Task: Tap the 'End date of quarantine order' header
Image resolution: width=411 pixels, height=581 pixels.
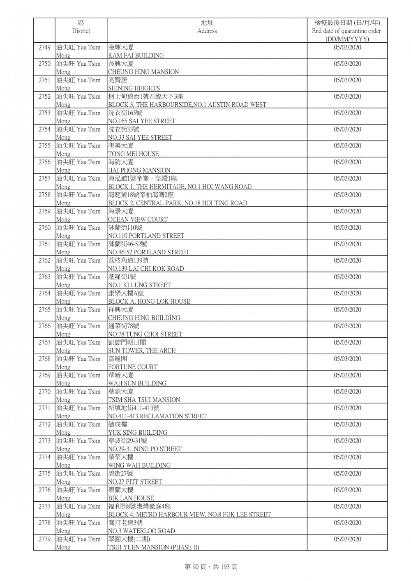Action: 346,31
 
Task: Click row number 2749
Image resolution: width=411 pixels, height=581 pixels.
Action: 44,48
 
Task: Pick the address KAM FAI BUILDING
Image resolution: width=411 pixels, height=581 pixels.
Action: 136,55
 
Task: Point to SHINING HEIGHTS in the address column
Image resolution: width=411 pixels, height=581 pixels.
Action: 134,88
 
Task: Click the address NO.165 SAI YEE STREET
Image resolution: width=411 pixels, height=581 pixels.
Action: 141,121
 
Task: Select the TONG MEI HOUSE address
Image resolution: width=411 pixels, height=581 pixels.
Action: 133,154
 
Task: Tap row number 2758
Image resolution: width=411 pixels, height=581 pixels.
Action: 44,195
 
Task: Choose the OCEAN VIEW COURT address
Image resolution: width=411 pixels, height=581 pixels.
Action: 138,219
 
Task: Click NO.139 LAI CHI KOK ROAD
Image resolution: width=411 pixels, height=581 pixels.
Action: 146,269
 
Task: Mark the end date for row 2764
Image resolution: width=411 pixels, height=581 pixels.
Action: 347,293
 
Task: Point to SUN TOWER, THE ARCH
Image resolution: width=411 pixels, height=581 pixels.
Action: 142,350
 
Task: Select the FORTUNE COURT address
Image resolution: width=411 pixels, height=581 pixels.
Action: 133,367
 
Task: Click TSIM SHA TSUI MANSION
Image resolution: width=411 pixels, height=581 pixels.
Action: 144,400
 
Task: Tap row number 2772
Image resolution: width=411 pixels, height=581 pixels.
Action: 44,424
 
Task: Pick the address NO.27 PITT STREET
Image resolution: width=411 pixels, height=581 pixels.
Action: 135,482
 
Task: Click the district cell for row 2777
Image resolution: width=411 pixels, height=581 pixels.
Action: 78,510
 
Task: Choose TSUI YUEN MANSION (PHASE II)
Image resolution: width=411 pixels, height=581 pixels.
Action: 153,547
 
